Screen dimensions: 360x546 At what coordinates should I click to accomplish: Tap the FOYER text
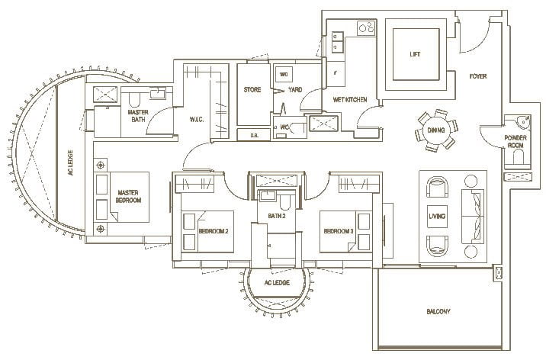pyautogui.click(x=478, y=76)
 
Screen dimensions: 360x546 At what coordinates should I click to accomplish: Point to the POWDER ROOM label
pyautogui.click(x=516, y=142)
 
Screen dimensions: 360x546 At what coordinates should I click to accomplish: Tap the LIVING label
pyautogui.click(x=438, y=217)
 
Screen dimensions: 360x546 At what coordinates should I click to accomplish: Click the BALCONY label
pyautogui.click(x=438, y=311)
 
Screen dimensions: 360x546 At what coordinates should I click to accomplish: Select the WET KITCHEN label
pyautogui.click(x=350, y=100)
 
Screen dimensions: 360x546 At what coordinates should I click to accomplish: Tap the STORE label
pyautogui.click(x=252, y=90)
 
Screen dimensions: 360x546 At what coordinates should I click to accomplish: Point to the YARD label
pyautogui.click(x=295, y=90)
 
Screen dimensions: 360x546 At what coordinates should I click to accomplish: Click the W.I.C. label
pyautogui.click(x=200, y=118)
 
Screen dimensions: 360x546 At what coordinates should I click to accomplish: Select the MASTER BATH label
pyautogui.click(x=138, y=115)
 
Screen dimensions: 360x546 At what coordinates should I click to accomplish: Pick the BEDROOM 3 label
pyautogui.click(x=339, y=230)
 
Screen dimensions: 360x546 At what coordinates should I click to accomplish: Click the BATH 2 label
pyautogui.click(x=278, y=216)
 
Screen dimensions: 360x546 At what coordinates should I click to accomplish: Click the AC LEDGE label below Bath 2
pyautogui.click(x=278, y=283)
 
